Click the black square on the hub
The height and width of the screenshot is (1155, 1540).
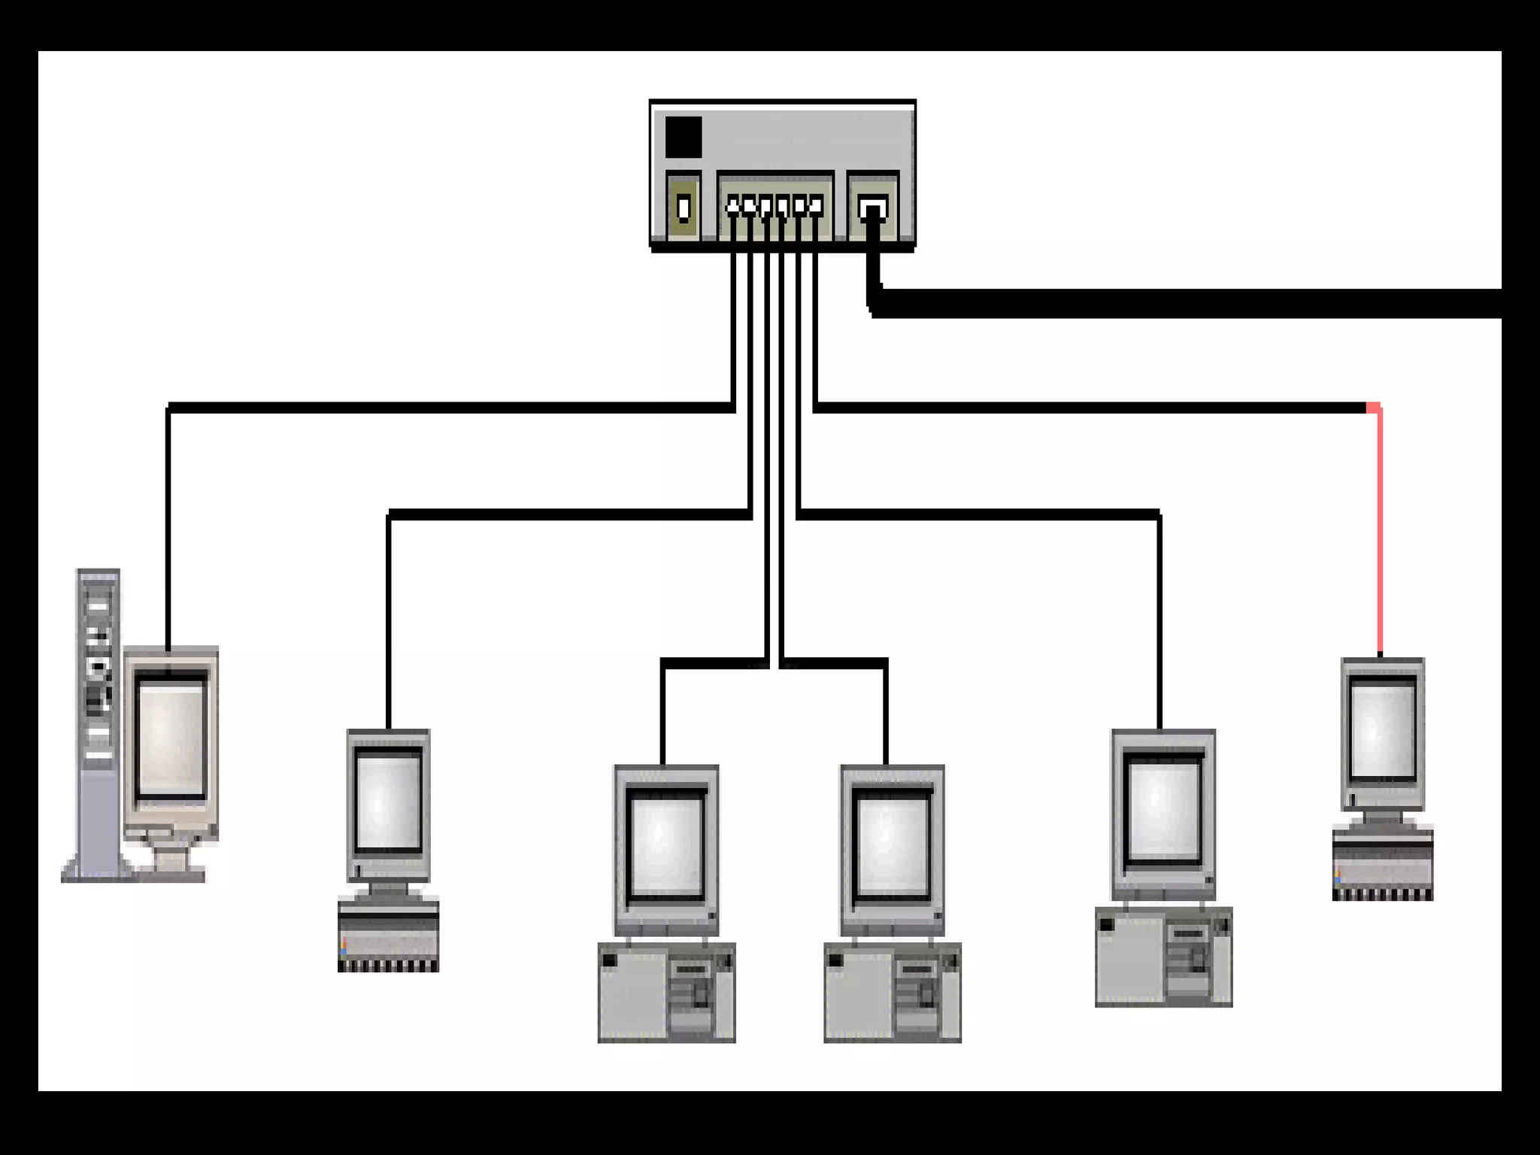684,138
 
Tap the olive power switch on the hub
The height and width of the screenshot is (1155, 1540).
684,207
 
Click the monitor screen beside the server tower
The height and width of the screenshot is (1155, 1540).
171,735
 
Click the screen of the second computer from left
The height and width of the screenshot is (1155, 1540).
388,802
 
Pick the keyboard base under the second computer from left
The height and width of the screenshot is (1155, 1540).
388,936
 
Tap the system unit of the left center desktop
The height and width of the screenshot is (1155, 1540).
666,993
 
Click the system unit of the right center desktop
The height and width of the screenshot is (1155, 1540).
893,993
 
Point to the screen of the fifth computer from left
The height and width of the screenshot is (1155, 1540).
1163,811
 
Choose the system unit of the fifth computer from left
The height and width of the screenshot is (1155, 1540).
1163,957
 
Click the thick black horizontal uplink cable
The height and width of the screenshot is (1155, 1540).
1188,303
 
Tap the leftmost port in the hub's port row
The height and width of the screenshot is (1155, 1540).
733,206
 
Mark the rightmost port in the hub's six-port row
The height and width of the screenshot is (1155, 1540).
816,206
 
